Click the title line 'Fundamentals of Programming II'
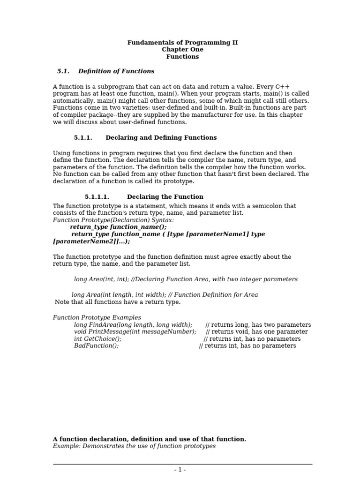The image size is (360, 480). coord(182,43)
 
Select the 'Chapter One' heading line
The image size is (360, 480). coord(182,50)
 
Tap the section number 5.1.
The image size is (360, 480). coord(63,71)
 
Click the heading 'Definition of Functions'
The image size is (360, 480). coord(116,71)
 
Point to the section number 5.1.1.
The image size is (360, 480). coord(83,138)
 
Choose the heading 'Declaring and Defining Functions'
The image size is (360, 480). coord(161,138)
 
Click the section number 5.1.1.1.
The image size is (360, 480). coord(97,197)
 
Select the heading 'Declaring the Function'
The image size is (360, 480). coord(165,197)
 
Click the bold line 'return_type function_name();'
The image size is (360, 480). coord(118,227)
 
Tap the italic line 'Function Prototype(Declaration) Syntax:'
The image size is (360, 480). coord(113,220)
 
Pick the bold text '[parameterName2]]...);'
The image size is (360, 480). coord(91,241)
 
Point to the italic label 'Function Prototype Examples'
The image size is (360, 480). coord(97,318)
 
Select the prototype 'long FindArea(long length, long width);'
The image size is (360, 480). coord(133,325)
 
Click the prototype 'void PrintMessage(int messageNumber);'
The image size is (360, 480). coord(135,332)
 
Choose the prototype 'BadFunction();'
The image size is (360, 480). coord(96,346)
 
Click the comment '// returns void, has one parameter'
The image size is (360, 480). coord(257,332)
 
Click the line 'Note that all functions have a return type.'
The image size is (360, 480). coord(118,302)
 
